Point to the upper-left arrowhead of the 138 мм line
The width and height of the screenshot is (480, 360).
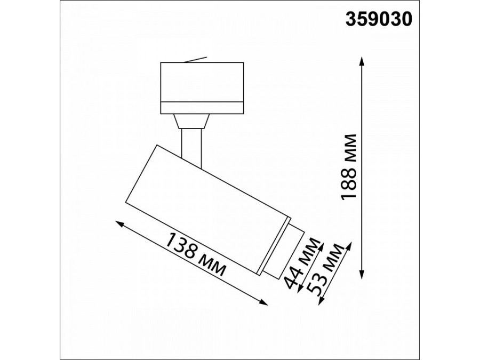coord(118,225)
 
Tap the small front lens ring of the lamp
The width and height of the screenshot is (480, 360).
coord(283,253)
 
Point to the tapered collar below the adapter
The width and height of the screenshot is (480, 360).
coord(191,121)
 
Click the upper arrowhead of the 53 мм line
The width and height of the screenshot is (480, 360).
coord(350,245)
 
